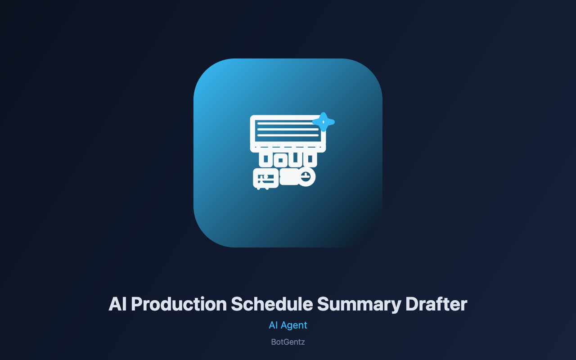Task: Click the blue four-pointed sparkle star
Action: tap(324, 122)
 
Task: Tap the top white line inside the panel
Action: tap(285, 124)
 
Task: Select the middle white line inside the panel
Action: tap(288, 129)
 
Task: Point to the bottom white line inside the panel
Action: tap(288, 135)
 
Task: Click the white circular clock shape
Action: tap(306, 177)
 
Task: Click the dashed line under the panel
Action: tap(288, 147)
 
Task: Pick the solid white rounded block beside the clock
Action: tap(289, 177)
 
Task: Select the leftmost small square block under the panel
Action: tap(265, 159)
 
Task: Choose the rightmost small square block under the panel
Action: tap(310, 159)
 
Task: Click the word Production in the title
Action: tap(179, 305)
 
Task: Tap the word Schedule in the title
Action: tap(272, 305)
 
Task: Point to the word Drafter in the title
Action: tap(436, 305)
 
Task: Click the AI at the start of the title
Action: tap(117, 305)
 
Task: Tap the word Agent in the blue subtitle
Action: tap(294, 326)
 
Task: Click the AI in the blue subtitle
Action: tap(273, 325)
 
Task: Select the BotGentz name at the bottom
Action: tap(288, 342)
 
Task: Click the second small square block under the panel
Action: tap(280, 159)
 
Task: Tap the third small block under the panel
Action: tap(295, 159)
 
